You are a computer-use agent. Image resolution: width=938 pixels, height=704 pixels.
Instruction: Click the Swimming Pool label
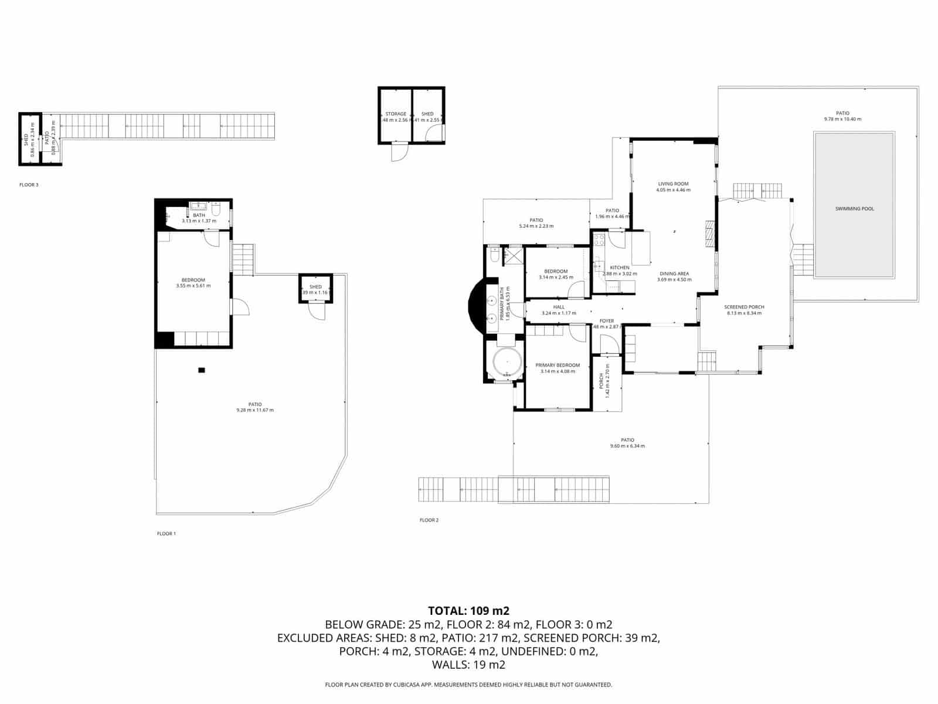[x=854, y=209]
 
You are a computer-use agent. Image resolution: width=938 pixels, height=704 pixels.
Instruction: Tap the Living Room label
[x=673, y=184]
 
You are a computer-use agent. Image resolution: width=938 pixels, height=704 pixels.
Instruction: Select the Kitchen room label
[x=620, y=268]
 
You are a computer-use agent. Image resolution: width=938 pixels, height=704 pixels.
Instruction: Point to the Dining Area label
[x=674, y=273]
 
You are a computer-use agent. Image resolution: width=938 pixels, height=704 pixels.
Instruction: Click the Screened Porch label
[x=744, y=307]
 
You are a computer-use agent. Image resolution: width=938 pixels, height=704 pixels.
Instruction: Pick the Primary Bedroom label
[x=558, y=365]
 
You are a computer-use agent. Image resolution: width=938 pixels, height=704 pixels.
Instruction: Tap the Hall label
[x=559, y=307]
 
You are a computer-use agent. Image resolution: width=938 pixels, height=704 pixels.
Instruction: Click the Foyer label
[x=606, y=321]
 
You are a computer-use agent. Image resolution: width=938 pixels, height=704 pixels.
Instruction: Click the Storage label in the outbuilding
[x=396, y=114]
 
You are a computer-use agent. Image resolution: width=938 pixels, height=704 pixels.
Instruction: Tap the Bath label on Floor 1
[x=199, y=215]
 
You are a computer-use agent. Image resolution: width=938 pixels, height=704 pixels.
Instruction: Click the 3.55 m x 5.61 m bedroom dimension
[x=193, y=286]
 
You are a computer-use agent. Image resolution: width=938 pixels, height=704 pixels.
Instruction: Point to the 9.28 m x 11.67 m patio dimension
[x=255, y=410]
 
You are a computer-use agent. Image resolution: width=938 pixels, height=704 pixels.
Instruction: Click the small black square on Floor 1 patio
[x=202, y=370]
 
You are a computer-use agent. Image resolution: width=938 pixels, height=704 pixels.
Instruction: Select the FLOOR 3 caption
[x=29, y=185]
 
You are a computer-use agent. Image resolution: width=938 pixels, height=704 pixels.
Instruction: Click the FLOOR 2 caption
[x=429, y=520]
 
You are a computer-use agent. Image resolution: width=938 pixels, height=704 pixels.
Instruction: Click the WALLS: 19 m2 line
[x=468, y=665]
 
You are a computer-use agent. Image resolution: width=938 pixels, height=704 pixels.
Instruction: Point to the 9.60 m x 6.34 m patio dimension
[x=627, y=446]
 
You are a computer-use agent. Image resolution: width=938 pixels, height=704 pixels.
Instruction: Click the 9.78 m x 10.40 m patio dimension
[x=842, y=119]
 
